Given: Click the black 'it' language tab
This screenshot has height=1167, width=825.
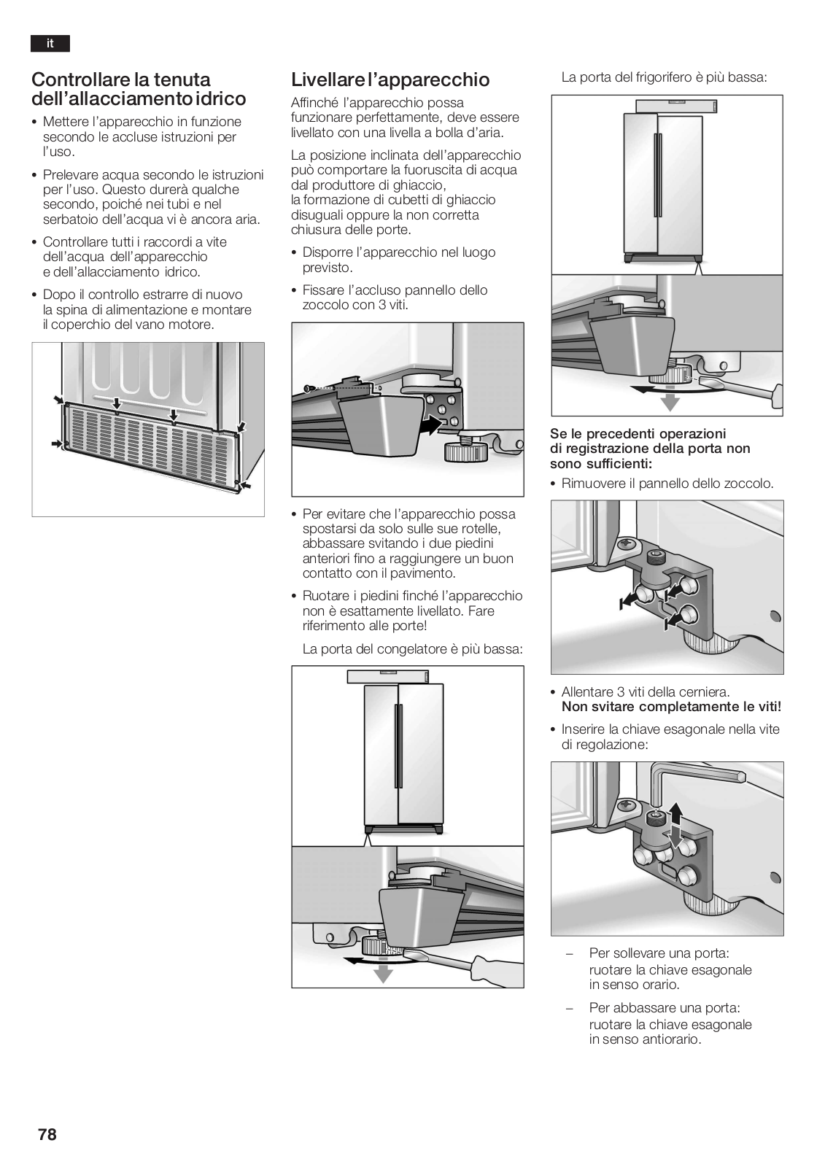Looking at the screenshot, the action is pyautogui.click(x=50, y=43).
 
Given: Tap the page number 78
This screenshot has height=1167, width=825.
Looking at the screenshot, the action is pyautogui.click(x=47, y=1134).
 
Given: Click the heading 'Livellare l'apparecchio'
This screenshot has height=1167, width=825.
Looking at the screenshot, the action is pyautogui.click(x=390, y=80).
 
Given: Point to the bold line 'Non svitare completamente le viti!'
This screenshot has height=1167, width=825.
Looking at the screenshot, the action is pyautogui.click(x=671, y=707).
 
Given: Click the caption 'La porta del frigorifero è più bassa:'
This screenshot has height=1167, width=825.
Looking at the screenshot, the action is pyautogui.click(x=664, y=77).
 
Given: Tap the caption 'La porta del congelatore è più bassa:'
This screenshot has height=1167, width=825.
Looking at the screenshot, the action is pyautogui.click(x=412, y=649).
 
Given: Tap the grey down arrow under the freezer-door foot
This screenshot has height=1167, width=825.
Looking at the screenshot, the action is pyautogui.click(x=383, y=974).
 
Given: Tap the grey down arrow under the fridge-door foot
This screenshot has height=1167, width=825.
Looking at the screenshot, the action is pyautogui.click(x=670, y=402).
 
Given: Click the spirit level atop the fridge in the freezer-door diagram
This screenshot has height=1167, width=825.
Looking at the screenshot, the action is pyautogui.click(x=388, y=677).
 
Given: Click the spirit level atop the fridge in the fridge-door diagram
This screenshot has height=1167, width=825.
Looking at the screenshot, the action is pyautogui.click(x=677, y=106).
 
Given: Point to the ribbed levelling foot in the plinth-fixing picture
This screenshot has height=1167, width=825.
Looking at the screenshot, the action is pyautogui.click(x=465, y=451).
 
